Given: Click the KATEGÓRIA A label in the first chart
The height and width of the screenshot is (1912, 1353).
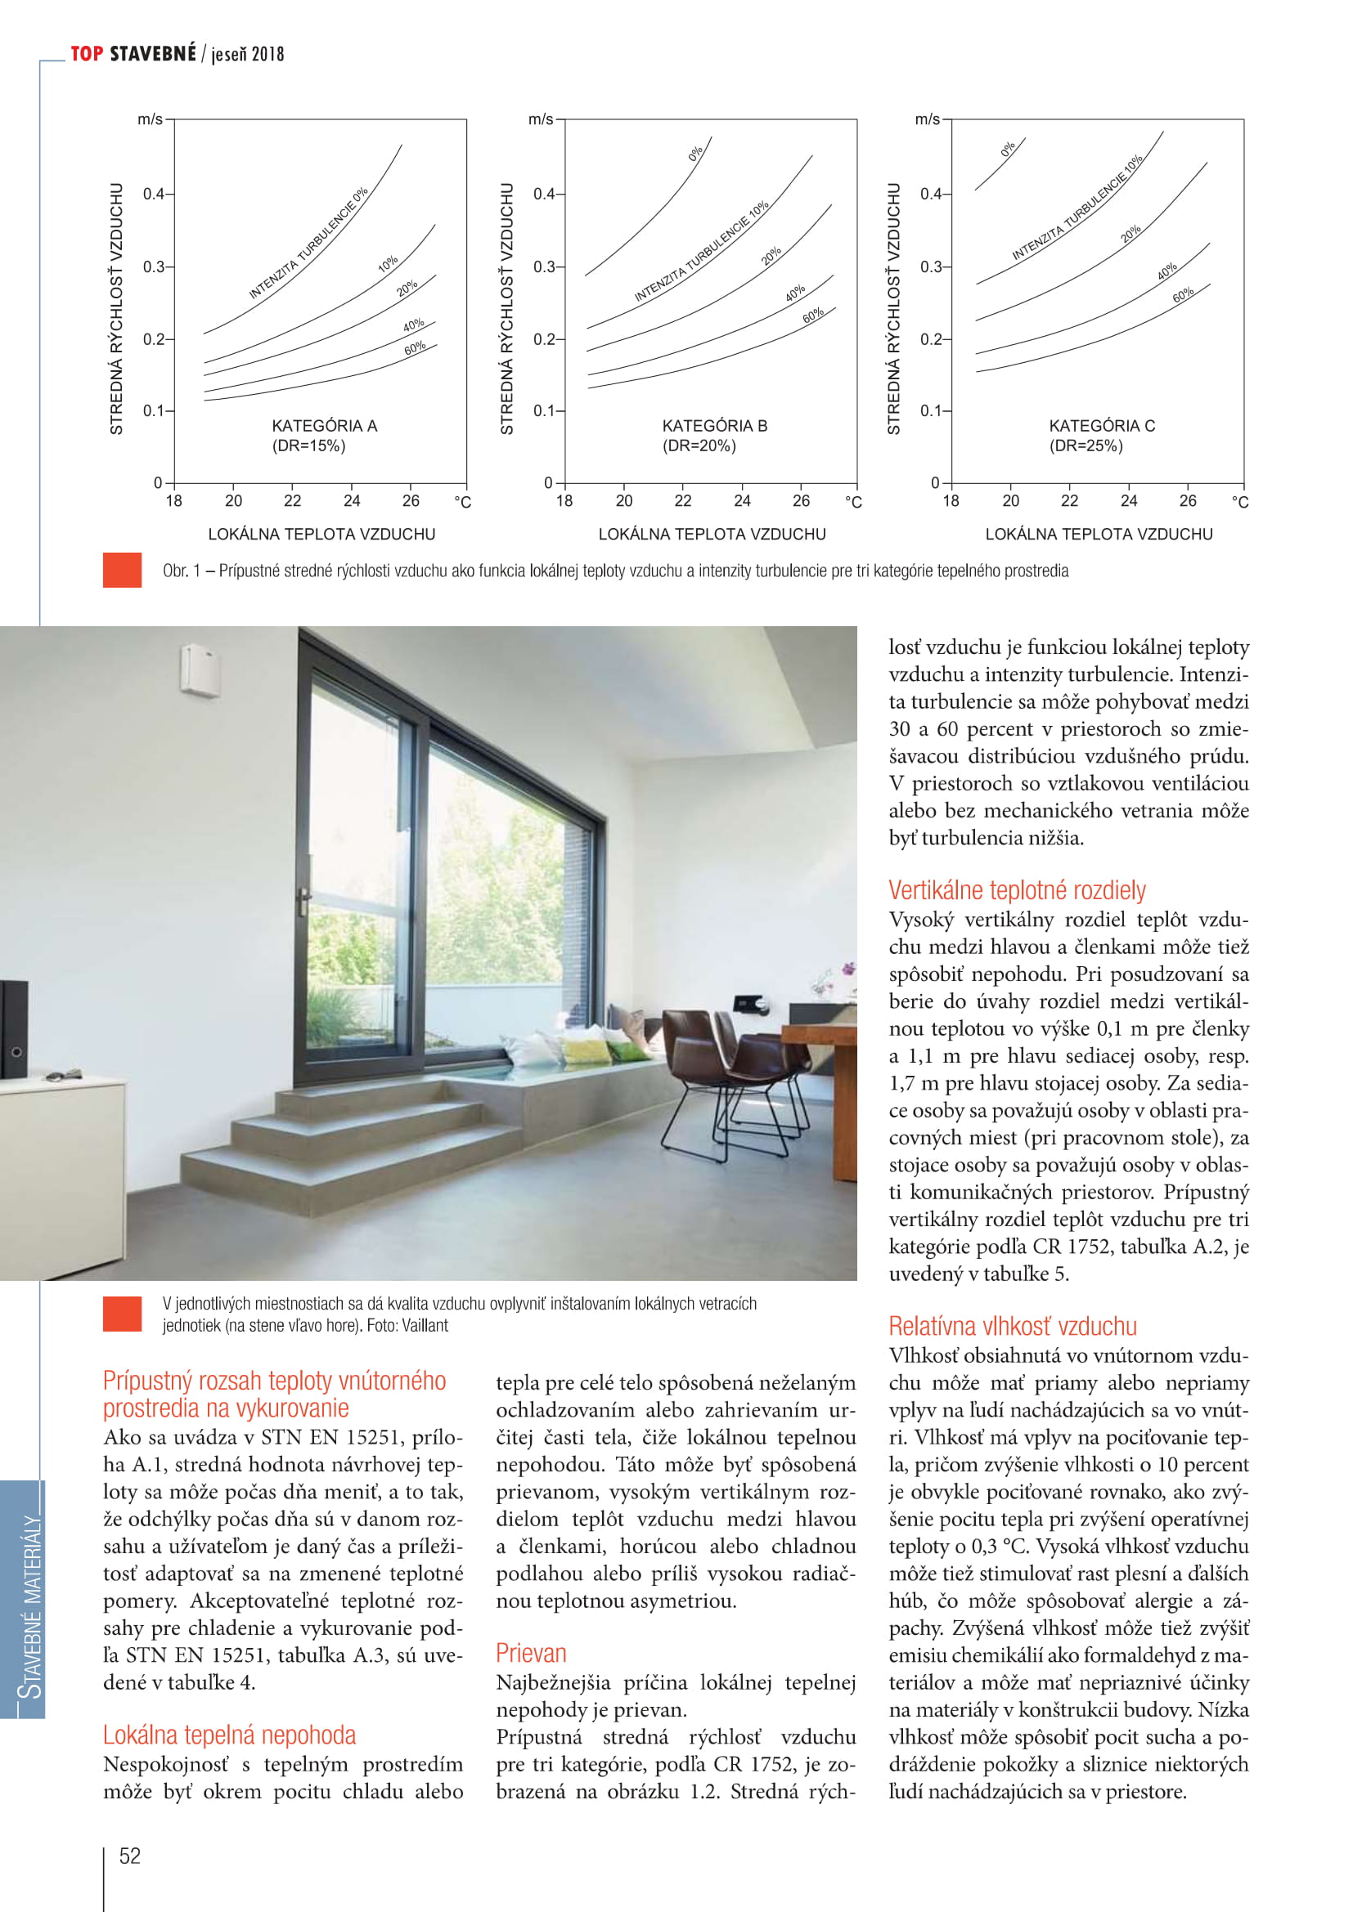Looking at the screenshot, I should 324,426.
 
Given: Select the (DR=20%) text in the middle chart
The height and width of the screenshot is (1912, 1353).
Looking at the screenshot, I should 699,446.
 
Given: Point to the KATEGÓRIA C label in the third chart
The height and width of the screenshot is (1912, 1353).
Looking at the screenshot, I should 1101,426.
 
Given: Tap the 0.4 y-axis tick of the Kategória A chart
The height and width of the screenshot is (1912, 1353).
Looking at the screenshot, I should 154,194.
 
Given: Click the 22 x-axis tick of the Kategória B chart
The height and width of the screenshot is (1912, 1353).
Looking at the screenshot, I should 683,500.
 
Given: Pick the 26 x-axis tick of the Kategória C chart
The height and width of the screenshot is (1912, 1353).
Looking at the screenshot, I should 1187,500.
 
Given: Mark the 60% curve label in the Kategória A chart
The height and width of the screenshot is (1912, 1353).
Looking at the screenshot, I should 415,347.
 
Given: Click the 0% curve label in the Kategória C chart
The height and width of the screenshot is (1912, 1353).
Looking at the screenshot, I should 1008,149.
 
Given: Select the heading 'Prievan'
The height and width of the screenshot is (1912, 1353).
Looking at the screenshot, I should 531,1653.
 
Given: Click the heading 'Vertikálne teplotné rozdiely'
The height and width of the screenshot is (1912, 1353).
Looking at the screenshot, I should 1017,890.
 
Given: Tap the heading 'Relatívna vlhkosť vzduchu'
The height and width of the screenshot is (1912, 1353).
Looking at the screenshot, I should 1012,1326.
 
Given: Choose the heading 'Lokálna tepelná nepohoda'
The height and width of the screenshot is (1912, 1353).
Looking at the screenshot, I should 229,1735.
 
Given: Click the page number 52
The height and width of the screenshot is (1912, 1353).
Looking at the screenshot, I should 130,1856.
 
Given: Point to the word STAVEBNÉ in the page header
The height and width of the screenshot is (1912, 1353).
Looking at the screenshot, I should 152,54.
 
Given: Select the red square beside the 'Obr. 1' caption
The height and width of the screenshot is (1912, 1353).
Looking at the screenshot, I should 122,571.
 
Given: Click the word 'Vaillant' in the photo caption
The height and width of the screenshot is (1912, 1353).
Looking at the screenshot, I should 425,1325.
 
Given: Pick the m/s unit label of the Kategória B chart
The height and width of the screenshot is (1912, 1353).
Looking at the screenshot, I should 541,119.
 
